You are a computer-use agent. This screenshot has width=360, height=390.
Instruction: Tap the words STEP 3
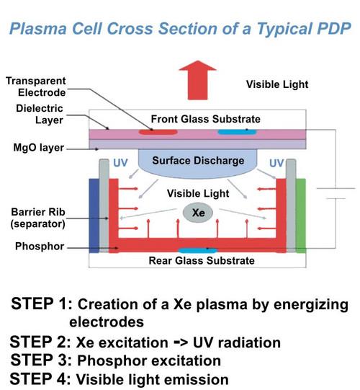coord(38,358)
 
